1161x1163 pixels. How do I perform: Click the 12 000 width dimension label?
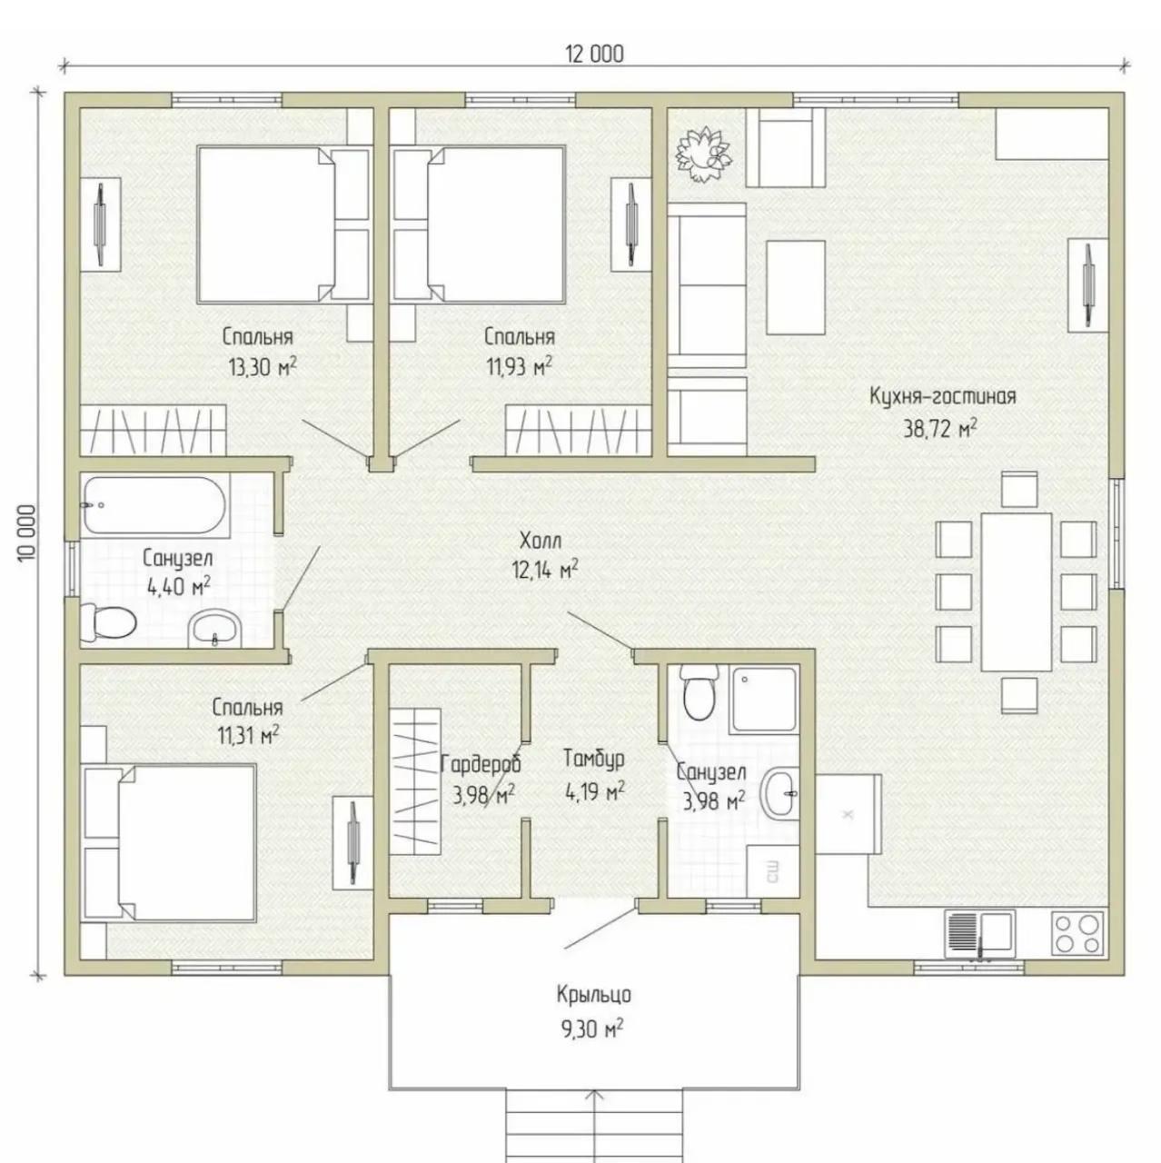coord(594,55)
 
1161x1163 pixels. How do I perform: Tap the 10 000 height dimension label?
coord(27,534)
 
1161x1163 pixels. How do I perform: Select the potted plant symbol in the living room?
coord(704,154)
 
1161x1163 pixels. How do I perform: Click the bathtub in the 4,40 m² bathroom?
coord(154,506)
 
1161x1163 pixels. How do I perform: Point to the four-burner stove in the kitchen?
coord(1079,932)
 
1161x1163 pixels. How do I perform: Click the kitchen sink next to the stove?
coord(979,933)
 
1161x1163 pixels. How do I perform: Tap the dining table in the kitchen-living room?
coord(1017,592)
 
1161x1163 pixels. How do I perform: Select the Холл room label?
coord(540,541)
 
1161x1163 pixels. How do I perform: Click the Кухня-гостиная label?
coord(943,396)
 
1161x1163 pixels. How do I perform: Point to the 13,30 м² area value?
coord(263,366)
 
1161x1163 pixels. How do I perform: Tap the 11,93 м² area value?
coord(520,366)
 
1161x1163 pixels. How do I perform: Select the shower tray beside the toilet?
coord(764,699)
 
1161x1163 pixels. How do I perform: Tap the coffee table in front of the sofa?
coord(796,287)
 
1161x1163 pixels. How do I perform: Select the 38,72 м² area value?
coord(939,429)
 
